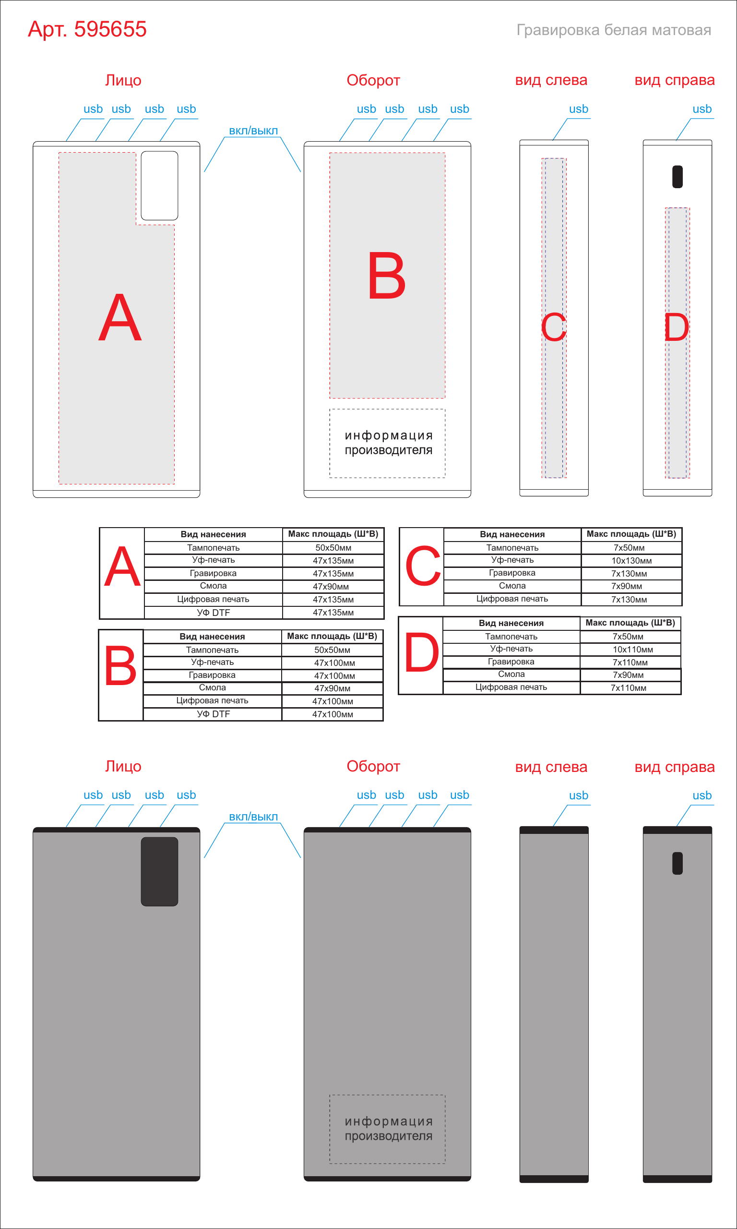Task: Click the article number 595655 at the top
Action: coord(110,29)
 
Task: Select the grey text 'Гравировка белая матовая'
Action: coord(614,30)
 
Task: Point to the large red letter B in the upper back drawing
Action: coord(387,276)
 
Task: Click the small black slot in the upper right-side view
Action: coord(678,177)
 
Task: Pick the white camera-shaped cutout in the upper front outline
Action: coord(159,185)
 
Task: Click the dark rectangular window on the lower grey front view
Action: coord(159,871)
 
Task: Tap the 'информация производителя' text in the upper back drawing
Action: coord(388,443)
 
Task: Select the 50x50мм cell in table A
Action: coord(333,548)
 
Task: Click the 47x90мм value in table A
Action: coord(331,587)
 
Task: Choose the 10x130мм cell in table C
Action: coord(632,561)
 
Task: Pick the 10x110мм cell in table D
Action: coord(633,650)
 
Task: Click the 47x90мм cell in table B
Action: coord(332,688)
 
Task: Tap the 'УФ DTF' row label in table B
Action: coord(213,714)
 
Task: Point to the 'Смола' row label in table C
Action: coord(512,586)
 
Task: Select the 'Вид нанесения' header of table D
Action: coord(511,624)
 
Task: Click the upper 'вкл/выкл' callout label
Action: coord(253,131)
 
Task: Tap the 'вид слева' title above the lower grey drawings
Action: coord(551,767)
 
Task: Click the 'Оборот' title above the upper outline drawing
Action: coord(373,81)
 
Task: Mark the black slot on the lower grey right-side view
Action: coord(678,863)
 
